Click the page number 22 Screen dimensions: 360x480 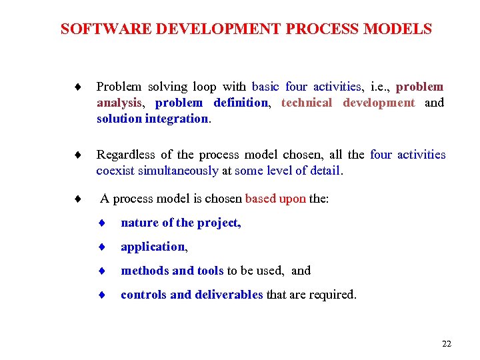447,343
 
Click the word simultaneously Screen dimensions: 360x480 178,171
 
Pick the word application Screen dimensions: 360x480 153,247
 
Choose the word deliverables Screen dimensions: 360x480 229,295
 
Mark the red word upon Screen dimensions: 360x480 293,199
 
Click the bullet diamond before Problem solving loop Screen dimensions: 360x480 78,87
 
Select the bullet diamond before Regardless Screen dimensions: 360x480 78,155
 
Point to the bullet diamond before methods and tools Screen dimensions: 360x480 103,271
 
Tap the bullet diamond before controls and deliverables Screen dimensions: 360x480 103,295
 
